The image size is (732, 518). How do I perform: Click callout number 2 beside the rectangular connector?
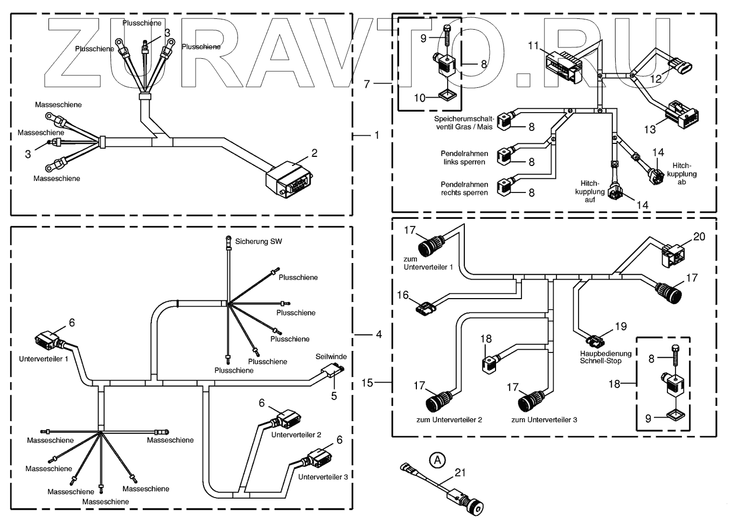click(x=314, y=153)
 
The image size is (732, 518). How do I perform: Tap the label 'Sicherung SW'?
click(x=258, y=241)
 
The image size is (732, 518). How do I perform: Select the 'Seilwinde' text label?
click(x=331, y=356)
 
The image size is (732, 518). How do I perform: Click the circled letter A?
click(x=437, y=460)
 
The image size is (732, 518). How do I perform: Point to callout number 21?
click(x=460, y=473)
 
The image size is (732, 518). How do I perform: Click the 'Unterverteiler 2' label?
click(x=296, y=434)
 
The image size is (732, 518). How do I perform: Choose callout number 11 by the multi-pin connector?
click(x=533, y=45)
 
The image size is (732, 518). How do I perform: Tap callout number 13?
click(x=650, y=129)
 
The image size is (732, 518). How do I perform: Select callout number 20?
click(x=699, y=237)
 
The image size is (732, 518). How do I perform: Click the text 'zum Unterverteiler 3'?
click(x=544, y=419)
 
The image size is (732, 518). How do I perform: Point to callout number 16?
click(x=402, y=295)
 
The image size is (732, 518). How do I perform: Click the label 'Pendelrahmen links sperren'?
click(x=464, y=157)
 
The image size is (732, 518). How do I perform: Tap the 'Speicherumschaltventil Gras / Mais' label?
click(x=464, y=123)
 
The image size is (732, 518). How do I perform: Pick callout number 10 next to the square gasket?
click(x=420, y=98)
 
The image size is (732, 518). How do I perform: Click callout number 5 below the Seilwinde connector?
click(x=333, y=396)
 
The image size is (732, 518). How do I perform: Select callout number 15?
click(x=367, y=383)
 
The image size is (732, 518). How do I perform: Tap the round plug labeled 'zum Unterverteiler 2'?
click(x=438, y=402)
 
